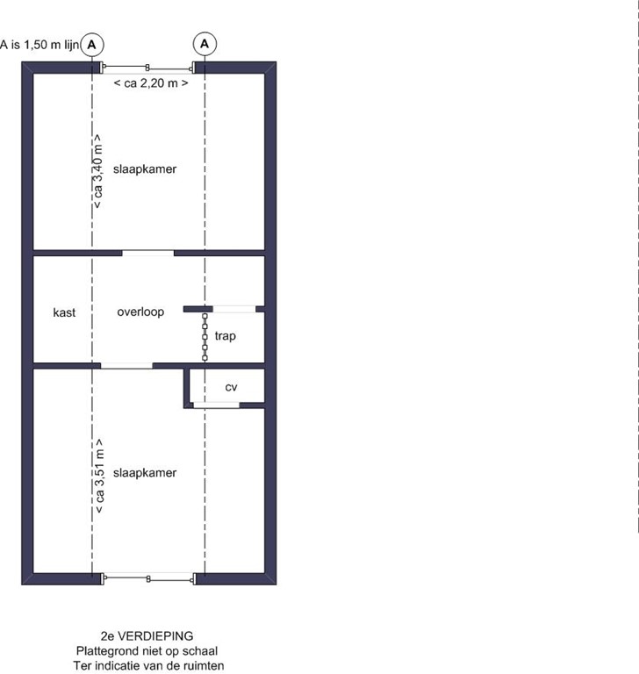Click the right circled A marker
(x=205, y=42)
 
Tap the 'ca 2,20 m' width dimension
(x=150, y=82)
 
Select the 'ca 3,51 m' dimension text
(x=99, y=476)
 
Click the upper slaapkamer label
(x=151, y=168)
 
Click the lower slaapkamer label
(x=151, y=472)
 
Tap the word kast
(x=64, y=312)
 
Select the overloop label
(x=140, y=312)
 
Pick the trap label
(x=225, y=335)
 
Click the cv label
(x=231, y=387)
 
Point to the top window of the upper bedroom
(x=148, y=67)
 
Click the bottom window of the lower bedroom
(x=148, y=577)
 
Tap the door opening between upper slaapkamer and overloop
(x=147, y=253)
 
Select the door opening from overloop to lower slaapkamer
(x=126, y=365)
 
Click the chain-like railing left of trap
(x=205, y=335)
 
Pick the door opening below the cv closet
(x=216, y=405)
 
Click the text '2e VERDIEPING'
(x=147, y=635)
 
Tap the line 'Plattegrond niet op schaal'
(x=147, y=651)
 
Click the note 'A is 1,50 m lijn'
(x=39, y=42)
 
